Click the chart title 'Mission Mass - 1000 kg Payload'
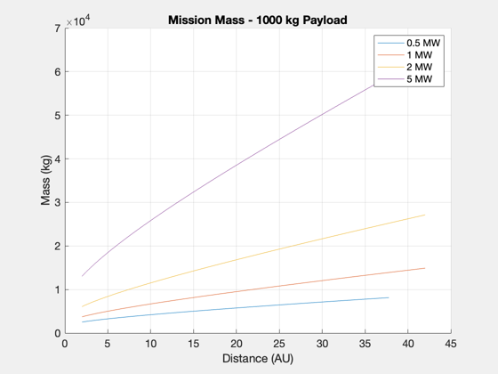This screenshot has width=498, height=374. tap(258, 20)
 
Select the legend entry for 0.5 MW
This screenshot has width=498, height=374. tap(409, 43)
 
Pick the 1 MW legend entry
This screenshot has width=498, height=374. tap(405, 55)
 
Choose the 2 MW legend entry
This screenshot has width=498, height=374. tap(405, 67)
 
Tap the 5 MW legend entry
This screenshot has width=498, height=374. tap(405, 79)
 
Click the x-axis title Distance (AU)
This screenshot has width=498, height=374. tap(258, 358)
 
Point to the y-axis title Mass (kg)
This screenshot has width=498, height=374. tap(45, 180)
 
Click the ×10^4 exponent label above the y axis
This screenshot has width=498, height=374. tap(78, 21)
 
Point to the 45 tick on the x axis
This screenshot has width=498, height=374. tap(451, 344)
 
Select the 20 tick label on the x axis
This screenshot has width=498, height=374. tap(237, 344)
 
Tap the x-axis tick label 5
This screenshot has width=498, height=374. tap(108, 344)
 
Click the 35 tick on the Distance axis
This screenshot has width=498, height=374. tap(365, 344)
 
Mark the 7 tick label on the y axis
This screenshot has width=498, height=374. tap(58, 28)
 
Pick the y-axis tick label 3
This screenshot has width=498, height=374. tap(58, 203)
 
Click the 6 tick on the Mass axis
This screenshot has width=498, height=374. tap(58, 72)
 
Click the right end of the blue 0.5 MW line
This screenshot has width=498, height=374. tap(389, 297)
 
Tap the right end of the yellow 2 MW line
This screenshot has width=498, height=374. tap(425, 215)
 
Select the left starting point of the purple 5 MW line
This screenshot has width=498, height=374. tap(82, 276)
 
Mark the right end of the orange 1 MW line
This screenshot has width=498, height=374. tap(425, 268)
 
